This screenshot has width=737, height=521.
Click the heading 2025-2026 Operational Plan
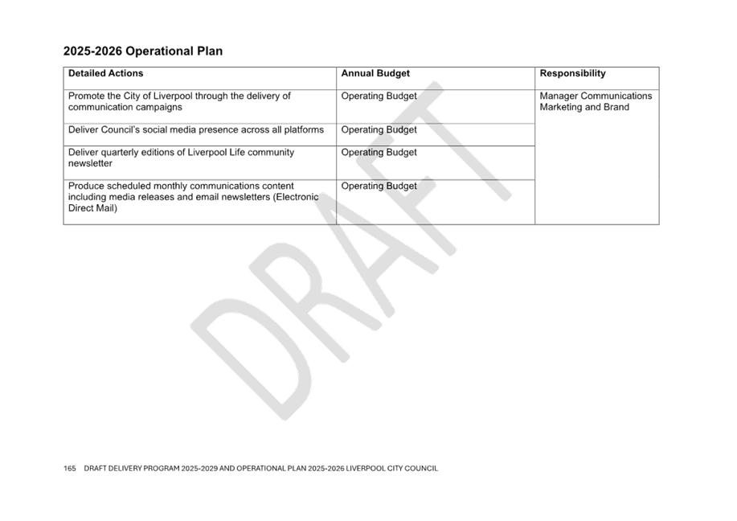tap(143, 51)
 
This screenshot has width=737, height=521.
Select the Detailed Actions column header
tap(106, 73)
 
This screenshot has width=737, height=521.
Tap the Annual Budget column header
tap(375, 73)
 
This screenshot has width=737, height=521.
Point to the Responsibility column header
tap(572, 73)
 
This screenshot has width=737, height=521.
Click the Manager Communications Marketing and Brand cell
tap(596, 101)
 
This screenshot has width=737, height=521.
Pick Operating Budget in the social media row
tap(379, 129)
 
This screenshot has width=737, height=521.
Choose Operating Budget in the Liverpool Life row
tap(379, 152)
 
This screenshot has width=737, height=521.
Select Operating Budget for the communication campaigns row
tap(379, 96)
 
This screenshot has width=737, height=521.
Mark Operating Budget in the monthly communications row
tap(379, 187)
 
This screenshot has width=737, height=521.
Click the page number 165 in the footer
tap(70, 468)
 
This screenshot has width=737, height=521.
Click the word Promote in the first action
tap(86, 96)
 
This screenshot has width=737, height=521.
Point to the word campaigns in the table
tap(159, 108)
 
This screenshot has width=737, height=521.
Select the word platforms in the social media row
tap(304, 130)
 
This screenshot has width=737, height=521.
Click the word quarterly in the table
tap(118, 153)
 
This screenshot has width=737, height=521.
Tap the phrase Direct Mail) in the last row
tap(92, 208)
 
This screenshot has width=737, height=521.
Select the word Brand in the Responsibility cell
tap(616, 107)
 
